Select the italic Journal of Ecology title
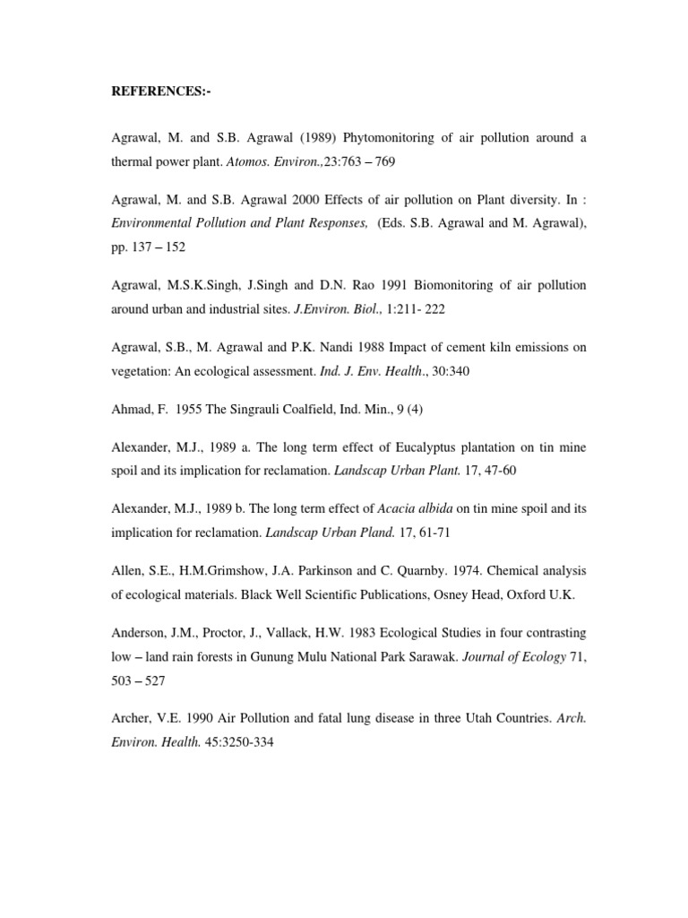[514, 657]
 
